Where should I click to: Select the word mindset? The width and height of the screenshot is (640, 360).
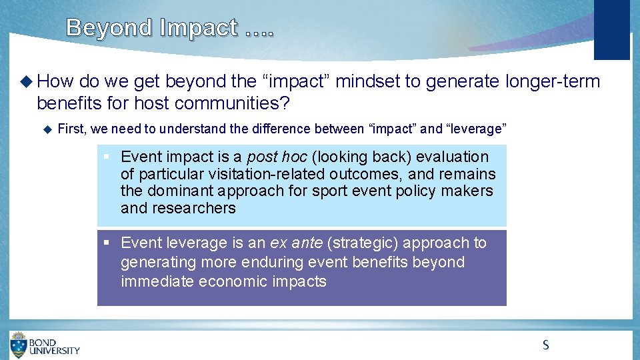click(x=366, y=82)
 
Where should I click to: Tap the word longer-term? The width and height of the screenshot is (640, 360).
click(x=553, y=82)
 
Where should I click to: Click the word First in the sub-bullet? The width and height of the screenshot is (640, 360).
click(x=72, y=129)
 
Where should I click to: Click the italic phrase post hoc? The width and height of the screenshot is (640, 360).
click(x=277, y=157)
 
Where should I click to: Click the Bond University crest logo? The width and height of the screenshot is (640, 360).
click(x=19, y=345)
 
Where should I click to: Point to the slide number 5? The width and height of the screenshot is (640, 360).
click(x=545, y=345)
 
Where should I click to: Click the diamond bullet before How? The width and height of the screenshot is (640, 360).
click(x=26, y=82)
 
